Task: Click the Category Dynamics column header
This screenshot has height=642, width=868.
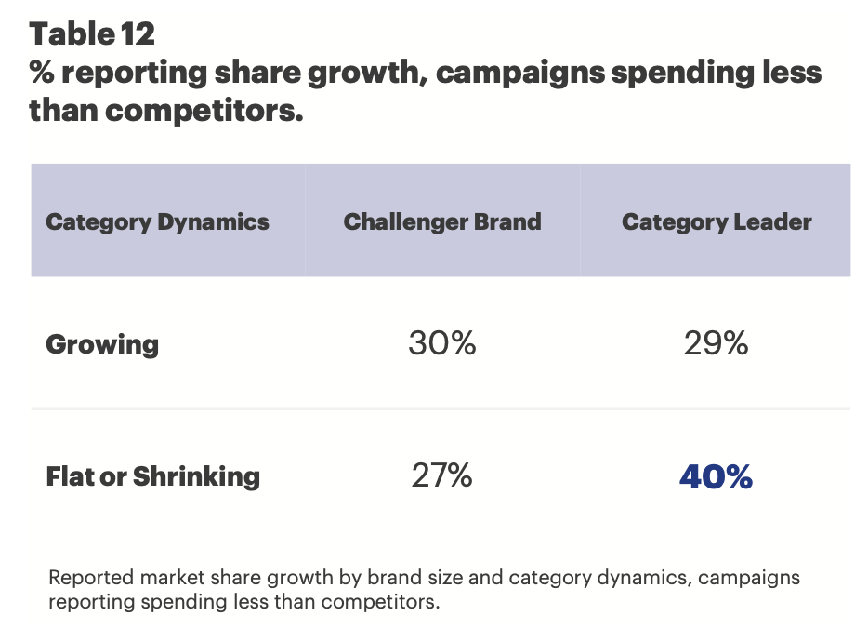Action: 157,222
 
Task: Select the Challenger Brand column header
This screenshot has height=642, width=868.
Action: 442,222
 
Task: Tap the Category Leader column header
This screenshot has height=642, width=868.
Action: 717,222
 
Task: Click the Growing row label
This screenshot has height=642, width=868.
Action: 102,344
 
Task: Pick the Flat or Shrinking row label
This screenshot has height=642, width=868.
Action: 152,476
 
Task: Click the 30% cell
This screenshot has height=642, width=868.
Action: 442,344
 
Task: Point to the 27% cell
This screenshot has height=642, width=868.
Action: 442,476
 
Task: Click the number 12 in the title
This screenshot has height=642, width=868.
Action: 138,34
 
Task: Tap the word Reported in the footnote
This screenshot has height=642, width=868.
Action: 87,577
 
